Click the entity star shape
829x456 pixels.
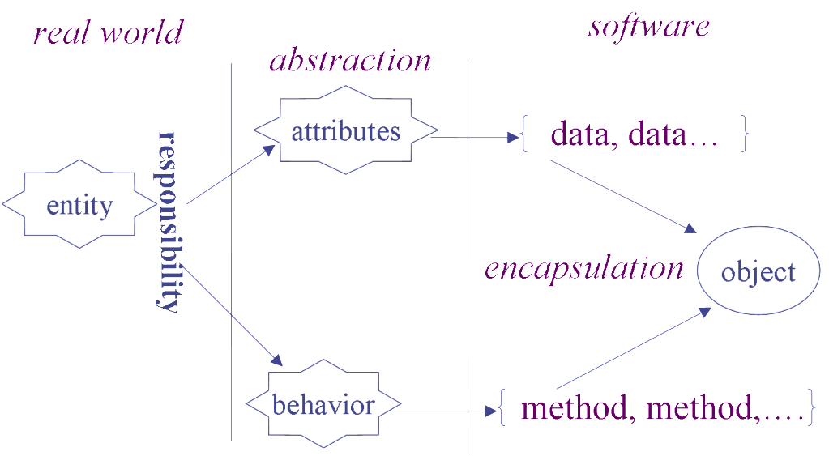[x=79, y=207]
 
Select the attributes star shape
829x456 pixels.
[x=346, y=132]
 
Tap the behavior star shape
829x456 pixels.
[x=323, y=404]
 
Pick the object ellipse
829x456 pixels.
[x=758, y=271]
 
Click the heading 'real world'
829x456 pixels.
[x=108, y=33]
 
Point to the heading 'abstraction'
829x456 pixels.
[x=350, y=61]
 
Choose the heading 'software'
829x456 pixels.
[x=649, y=26]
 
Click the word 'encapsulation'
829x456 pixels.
[x=583, y=268]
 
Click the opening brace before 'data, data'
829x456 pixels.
[x=524, y=135]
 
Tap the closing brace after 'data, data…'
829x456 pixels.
[x=745, y=135]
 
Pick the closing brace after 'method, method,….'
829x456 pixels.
[x=811, y=407]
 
